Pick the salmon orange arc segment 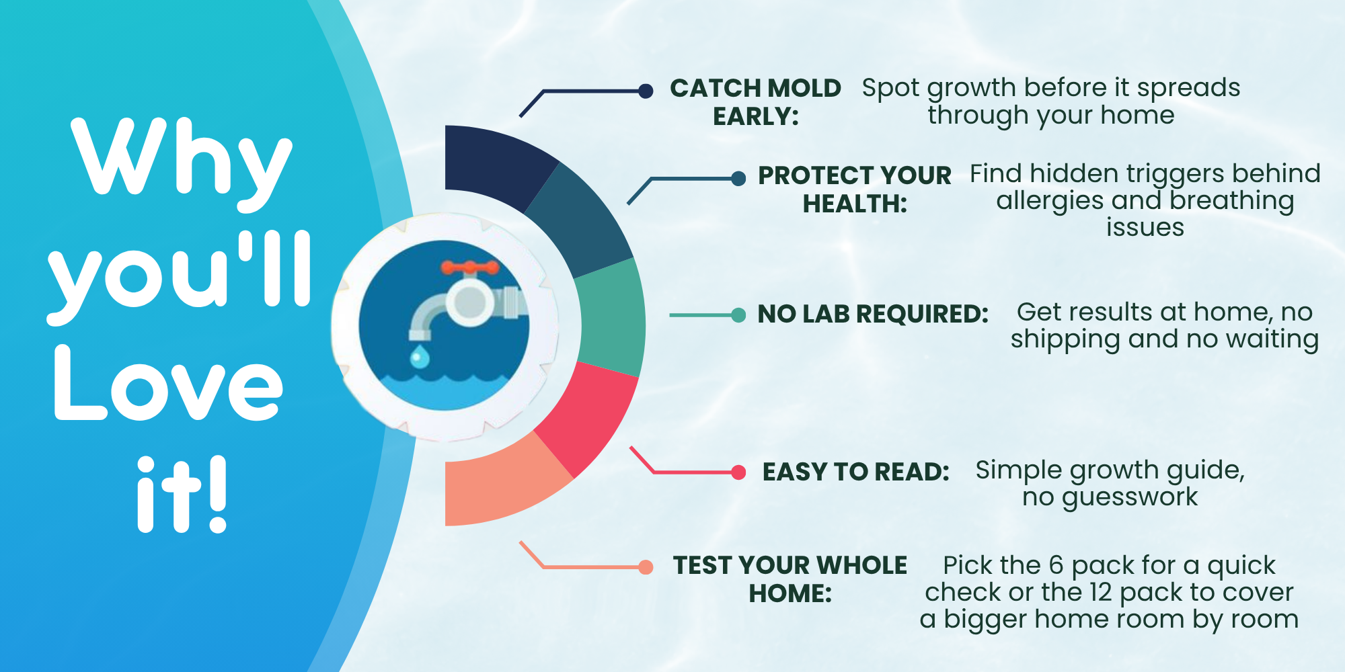point(501,484)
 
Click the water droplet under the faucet point(420,356)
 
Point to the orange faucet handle point(470,268)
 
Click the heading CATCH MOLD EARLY point(756,102)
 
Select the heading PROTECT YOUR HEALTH point(855,190)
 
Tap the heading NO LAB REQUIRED point(873,314)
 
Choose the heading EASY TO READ point(856,472)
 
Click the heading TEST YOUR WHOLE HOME point(790,579)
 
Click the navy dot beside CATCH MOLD point(646,91)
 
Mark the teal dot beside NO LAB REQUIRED point(738,315)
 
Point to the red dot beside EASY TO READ point(738,472)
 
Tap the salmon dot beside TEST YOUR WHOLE point(646,567)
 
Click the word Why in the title point(182,161)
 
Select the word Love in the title point(168,384)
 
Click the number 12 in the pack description point(1101,592)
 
